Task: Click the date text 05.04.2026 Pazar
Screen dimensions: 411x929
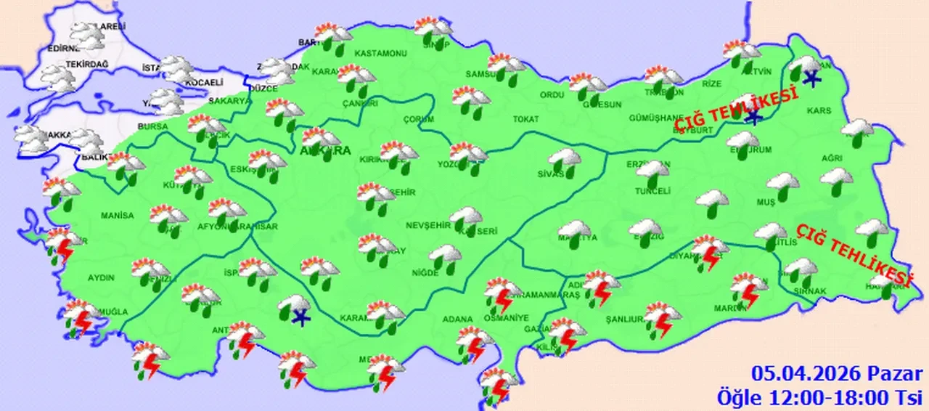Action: pyautogui.click(x=837, y=375)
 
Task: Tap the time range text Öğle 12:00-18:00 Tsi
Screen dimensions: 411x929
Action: pyautogui.click(x=819, y=396)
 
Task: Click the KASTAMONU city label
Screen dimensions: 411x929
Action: pyautogui.click(x=380, y=54)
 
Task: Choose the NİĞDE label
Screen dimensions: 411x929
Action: pyautogui.click(x=425, y=273)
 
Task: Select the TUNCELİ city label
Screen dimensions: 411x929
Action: pyautogui.click(x=650, y=191)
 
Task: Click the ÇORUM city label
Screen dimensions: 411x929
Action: pyautogui.click(x=419, y=119)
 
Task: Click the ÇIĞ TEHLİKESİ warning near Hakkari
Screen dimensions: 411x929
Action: pyautogui.click(x=854, y=254)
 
